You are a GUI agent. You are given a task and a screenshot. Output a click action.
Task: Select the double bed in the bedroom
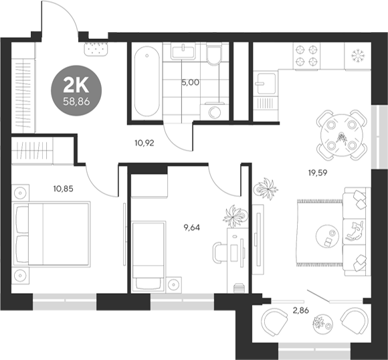click(52, 235)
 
